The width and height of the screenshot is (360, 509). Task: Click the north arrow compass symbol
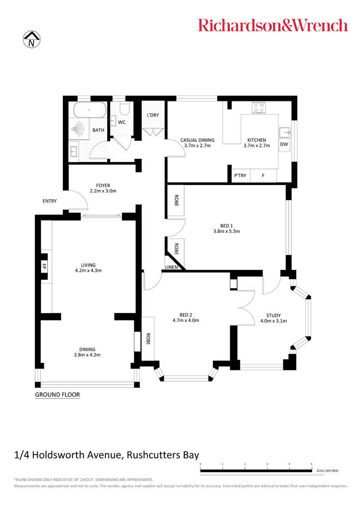click(31, 39)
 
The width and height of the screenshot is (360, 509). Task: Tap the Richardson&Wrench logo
click(273, 25)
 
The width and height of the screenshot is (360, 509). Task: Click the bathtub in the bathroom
click(89, 110)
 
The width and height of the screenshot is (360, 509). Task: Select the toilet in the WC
click(124, 109)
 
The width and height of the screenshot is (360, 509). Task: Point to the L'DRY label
click(152, 116)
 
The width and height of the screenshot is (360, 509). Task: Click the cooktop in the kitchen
click(259, 108)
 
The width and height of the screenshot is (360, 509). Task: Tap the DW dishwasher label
click(284, 144)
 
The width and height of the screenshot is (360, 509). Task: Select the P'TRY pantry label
click(240, 176)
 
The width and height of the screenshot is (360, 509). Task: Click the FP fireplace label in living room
click(44, 266)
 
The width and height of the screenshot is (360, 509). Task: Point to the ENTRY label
click(50, 201)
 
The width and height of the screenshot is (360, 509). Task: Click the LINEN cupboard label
click(171, 268)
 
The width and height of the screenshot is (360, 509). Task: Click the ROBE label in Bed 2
click(148, 339)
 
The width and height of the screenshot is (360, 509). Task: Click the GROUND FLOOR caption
click(58, 395)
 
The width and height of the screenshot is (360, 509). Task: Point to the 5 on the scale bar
click(312, 464)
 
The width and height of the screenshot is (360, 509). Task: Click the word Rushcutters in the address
click(151, 455)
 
